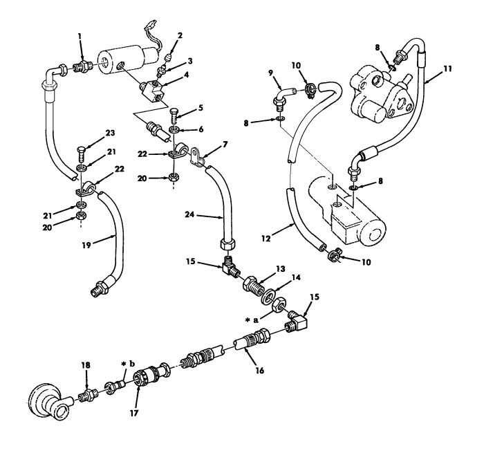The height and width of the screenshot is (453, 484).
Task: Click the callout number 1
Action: pyautogui.click(x=80, y=37)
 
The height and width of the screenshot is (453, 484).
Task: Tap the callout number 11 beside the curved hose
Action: pyautogui.click(x=447, y=68)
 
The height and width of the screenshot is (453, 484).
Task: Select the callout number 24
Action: pyautogui.click(x=189, y=214)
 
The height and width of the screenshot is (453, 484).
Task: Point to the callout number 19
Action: pyautogui.click(x=86, y=246)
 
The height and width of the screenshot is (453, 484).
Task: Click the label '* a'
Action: pyautogui.click(x=252, y=320)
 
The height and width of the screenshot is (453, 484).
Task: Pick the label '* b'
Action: pyautogui.click(x=128, y=364)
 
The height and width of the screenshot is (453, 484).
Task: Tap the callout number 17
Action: pyautogui.click(x=134, y=413)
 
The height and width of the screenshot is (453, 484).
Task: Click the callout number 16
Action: pyautogui.click(x=260, y=370)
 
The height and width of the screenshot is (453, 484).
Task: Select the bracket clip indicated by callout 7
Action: pyautogui.click(x=198, y=157)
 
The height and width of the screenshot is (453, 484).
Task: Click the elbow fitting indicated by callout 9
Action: pyautogui.click(x=285, y=98)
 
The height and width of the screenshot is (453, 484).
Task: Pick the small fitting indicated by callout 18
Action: pyautogui.click(x=88, y=395)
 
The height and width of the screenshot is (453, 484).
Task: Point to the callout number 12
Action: pyautogui.click(x=266, y=239)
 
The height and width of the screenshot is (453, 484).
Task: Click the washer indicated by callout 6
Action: pyautogui.click(x=174, y=129)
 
